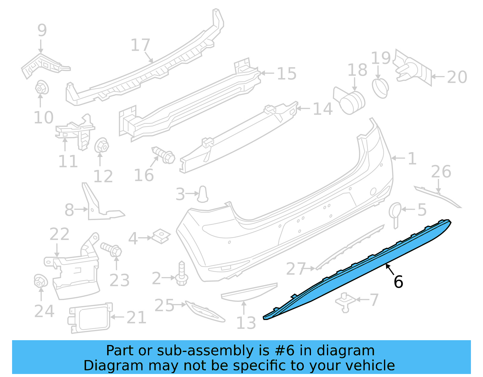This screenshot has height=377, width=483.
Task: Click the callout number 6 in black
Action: point(398,282)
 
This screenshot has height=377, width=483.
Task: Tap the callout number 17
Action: point(140,45)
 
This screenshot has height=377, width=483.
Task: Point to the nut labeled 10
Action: point(42,88)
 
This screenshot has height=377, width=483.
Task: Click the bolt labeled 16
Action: point(163,155)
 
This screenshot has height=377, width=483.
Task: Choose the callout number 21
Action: point(136,318)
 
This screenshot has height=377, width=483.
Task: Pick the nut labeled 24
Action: point(41,281)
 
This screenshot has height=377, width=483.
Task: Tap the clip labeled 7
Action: point(345,302)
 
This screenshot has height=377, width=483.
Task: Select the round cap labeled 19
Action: point(381,88)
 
